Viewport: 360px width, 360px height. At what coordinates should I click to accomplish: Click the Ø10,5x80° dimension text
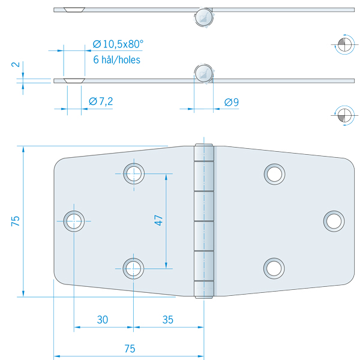tap(118, 44)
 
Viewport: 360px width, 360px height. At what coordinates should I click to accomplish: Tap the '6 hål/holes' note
tap(116, 60)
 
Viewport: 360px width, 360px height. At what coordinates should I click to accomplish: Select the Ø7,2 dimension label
tap(101, 102)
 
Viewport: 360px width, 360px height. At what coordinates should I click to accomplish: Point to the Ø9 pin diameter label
tap(232, 103)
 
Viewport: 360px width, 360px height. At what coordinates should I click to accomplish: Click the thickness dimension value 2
tap(16, 64)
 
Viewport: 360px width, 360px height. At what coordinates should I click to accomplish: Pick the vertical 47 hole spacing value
tap(158, 220)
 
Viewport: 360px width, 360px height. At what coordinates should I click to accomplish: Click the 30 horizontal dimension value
tap(103, 320)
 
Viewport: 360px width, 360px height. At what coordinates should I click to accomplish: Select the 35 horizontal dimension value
tap(167, 320)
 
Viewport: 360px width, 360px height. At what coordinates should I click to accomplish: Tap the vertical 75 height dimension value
tap(16, 220)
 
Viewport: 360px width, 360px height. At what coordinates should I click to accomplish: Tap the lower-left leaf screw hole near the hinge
tap(133, 268)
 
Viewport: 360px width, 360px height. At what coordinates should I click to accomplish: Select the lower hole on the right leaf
tap(274, 268)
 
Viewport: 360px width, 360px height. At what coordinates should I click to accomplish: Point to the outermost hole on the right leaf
tap(334, 221)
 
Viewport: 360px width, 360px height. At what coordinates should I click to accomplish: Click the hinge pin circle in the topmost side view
tap(205, 17)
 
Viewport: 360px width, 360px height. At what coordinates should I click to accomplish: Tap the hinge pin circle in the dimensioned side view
tap(205, 74)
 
